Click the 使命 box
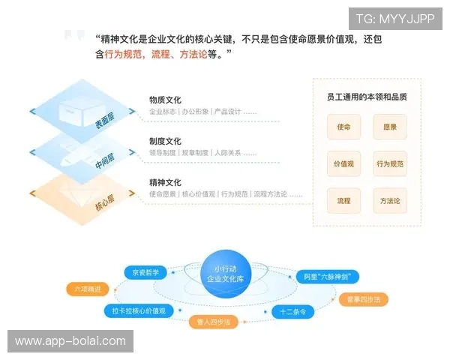(x=343, y=127)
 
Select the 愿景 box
(x=389, y=127)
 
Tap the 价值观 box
(x=343, y=163)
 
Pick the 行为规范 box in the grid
(x=389, y=163)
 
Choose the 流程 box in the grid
(x=343, y=201)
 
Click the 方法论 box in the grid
(x=389, y=201)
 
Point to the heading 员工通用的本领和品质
(x=367, y=97)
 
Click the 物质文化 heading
(x=165, y=100)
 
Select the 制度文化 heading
(x=165, y=141)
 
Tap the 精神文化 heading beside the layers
(x=165, y=182)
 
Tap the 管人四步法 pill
(x=213, y=322)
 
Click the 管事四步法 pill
(x=363, y=299)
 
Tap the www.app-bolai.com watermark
(x=71, y=341)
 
